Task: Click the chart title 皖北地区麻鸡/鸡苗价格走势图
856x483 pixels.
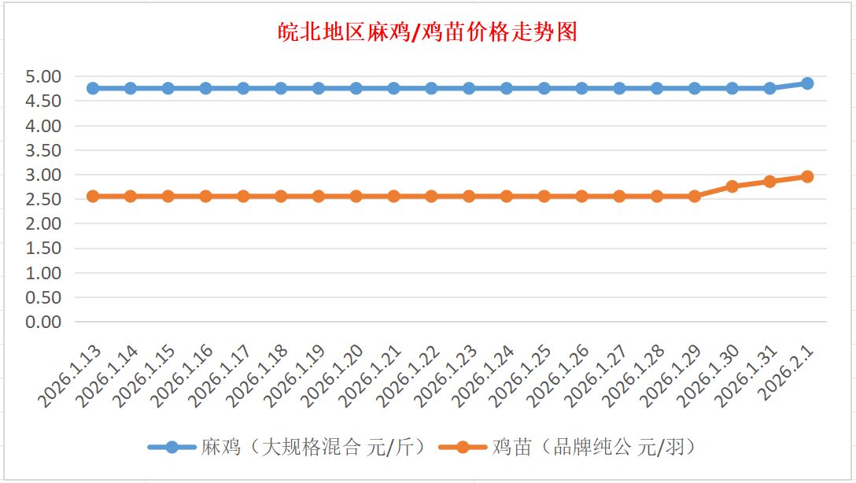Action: point(428,32)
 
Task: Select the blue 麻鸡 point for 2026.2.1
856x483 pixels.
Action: point(807,83)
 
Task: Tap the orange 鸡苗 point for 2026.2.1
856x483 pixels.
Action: point(807,177)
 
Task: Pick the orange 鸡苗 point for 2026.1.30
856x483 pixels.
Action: point(732,186)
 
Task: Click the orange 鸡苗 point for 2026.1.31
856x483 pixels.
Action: point(769,182)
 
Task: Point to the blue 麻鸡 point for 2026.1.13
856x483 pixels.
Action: point(93,88)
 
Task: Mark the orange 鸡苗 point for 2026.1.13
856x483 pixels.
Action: point(93,196)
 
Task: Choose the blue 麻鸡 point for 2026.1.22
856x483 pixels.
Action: point(431,88)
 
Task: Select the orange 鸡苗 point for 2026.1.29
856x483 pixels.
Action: point(695,196)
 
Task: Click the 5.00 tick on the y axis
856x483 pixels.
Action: point(43,77)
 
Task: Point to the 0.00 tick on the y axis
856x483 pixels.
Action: point(43,322)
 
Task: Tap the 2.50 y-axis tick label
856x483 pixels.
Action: point(43,199)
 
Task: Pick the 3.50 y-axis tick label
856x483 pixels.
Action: point(43,150)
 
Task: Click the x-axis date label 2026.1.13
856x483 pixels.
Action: point(69,376)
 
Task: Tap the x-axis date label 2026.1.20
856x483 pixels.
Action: point(333,376)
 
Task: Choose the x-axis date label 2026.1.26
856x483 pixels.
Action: point(559,376)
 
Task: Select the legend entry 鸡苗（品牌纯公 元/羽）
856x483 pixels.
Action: point(594,448)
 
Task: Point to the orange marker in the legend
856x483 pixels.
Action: point(463,448)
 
